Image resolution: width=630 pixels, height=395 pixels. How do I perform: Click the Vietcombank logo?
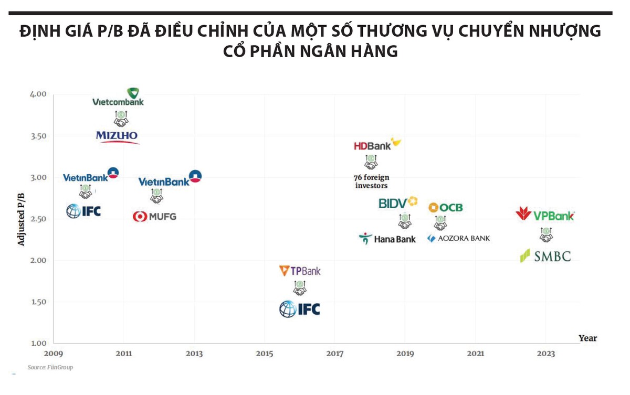[118, 98]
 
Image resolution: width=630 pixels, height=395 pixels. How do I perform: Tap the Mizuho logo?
[118, 137]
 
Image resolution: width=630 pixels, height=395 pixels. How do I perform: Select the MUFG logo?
[154, 216]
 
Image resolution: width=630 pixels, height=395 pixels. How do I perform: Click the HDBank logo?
[377, 145]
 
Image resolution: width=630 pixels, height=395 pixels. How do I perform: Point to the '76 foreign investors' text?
[372, 182]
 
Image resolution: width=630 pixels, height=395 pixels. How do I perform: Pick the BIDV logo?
[398, 202]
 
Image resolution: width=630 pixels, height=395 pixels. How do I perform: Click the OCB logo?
[446, 208]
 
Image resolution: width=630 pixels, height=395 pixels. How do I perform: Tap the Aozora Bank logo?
[458, 238]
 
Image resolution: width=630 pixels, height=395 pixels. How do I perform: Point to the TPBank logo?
[300, 271]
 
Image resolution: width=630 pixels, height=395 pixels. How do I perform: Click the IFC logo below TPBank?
[299, 309]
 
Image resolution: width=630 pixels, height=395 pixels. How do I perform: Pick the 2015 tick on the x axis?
[265, 354]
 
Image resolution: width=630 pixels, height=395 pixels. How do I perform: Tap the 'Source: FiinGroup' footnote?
[50, 367]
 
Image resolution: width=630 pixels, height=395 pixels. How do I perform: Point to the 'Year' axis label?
[587, 338]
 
